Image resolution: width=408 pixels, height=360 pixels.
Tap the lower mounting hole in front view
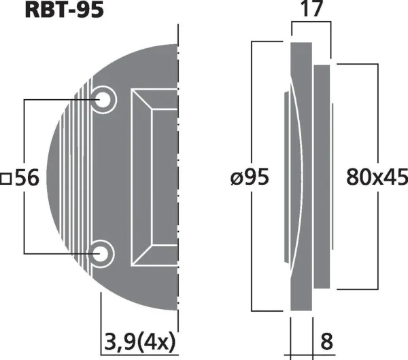103,253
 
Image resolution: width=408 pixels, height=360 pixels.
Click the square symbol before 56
6,179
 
